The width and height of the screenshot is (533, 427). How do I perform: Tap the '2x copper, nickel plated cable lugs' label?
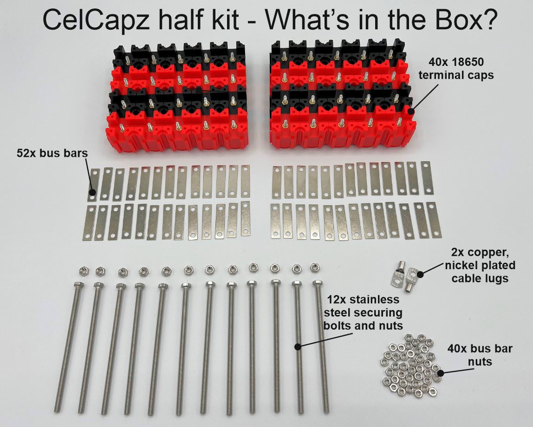483,265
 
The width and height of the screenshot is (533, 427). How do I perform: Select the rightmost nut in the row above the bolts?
315,266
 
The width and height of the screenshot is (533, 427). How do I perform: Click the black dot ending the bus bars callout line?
92,192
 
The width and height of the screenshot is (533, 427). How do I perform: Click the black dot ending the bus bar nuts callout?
441,373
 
